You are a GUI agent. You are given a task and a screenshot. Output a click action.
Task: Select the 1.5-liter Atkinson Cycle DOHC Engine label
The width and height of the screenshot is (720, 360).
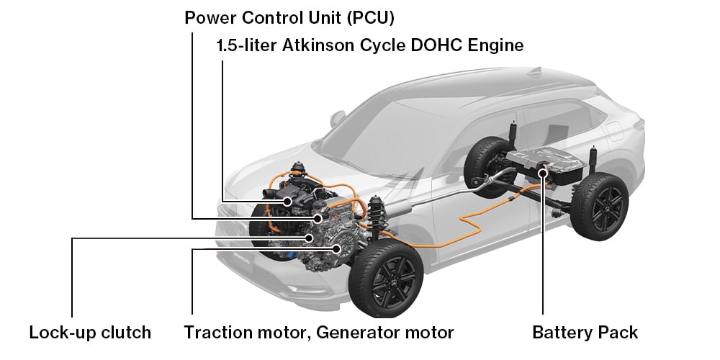coord(369,46)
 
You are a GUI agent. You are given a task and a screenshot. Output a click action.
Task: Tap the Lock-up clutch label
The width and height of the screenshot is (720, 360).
coord(90,332)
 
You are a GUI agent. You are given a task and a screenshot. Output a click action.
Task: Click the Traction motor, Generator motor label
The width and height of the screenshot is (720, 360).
coord(319,332)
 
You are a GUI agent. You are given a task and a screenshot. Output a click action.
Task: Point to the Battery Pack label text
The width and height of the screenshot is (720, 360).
coord(585,332)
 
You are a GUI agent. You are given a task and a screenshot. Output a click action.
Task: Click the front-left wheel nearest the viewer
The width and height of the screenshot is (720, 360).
coord(386,277)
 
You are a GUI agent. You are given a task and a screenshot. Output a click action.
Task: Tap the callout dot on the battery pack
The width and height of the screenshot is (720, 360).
coord(544,172)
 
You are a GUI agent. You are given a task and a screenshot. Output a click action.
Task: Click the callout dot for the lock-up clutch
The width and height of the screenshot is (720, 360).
coord(310,238)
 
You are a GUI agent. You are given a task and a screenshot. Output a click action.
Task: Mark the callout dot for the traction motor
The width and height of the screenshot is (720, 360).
coord(337,249)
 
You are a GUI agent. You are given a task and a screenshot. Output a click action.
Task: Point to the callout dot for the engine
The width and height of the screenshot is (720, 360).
coord(287,201)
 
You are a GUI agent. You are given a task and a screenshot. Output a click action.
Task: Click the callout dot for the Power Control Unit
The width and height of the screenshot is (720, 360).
coord(318,217)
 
